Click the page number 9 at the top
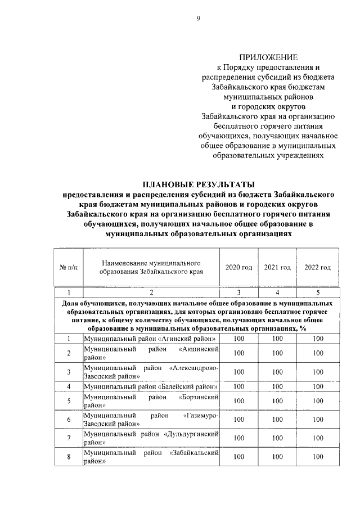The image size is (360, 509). click(198, 18)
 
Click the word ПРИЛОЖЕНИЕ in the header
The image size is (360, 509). click(268, 57)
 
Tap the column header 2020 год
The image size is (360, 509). click(238, 267)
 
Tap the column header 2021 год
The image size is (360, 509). click(277, 267)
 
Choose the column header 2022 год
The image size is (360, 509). click(318, 267)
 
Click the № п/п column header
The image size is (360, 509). click(69, 267)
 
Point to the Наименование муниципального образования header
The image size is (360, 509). click(150, 267)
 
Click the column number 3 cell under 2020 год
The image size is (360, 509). click(238, 292)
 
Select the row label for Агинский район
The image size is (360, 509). click(150, 339)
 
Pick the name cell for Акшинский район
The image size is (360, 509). click(150, 353)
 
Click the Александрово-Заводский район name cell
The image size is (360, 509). click(150, 372)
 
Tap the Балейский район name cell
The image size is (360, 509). click(150, 386)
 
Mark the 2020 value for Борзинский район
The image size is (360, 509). click(238, 401)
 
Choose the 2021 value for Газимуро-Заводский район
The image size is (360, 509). click(277, 420)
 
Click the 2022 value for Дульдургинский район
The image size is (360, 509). click(318, 438)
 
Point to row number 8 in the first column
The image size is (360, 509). click(69, 457)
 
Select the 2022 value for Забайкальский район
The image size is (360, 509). click(318, 457)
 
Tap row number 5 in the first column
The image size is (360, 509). click(69, 401)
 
